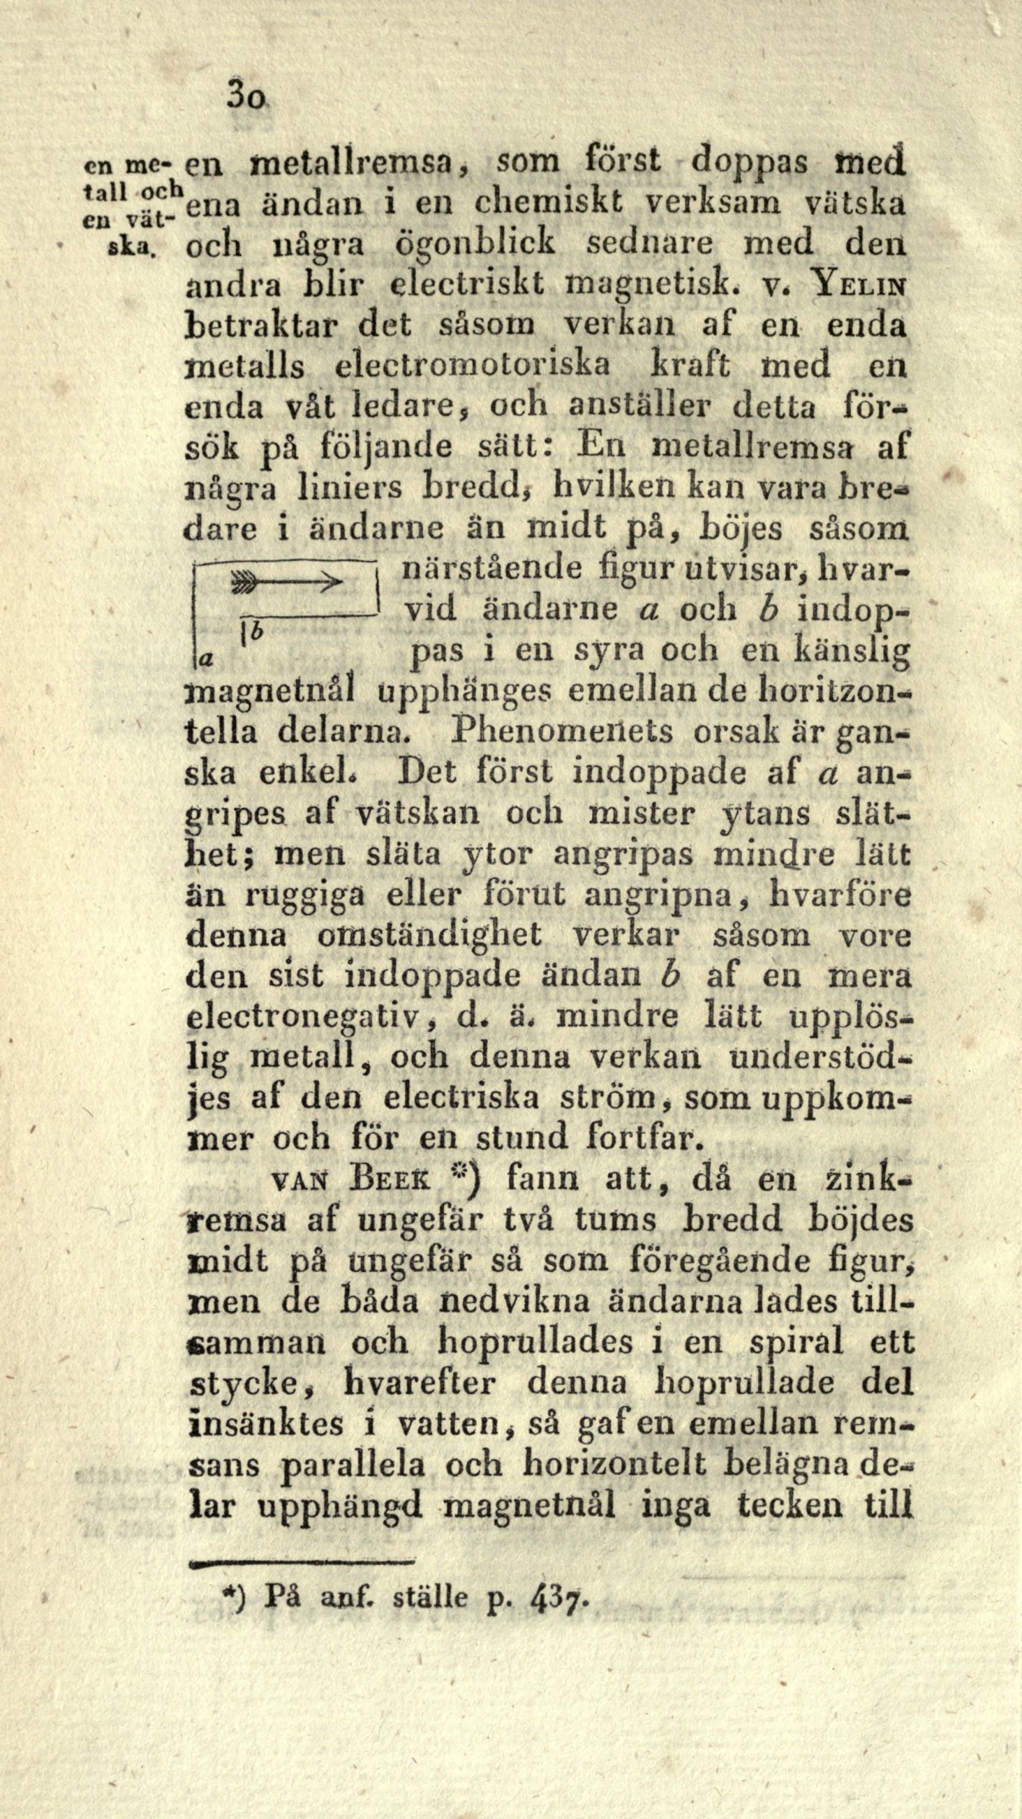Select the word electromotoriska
[473, 366]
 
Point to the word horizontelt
[615, 1465]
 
